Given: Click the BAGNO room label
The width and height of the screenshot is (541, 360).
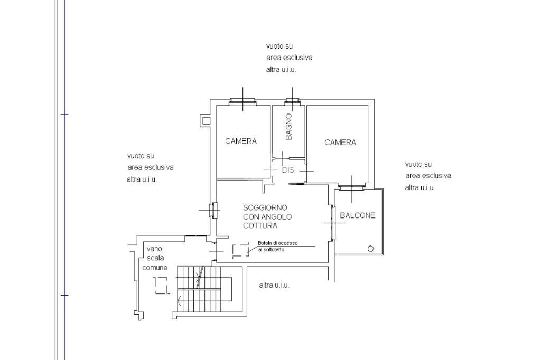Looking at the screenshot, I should pos(288,127).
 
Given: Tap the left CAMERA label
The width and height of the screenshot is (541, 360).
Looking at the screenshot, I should pos(240,141).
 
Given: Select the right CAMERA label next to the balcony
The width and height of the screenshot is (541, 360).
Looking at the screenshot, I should pos(340,143).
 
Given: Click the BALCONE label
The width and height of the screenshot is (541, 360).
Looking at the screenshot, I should pos(357,215).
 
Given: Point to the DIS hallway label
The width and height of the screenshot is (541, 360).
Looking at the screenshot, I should pos(287,170).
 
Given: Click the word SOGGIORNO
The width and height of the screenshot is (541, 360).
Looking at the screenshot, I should pos(265,207).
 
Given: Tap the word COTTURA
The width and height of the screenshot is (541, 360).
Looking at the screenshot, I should pos(260,225).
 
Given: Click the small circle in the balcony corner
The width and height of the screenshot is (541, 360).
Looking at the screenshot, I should pos(370,249).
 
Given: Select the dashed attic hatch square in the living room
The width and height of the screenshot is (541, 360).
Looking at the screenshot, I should pos(240,250).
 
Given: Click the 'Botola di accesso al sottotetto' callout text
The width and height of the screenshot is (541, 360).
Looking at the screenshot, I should pos(277,246).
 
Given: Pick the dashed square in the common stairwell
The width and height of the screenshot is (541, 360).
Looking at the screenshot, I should pos(162,286).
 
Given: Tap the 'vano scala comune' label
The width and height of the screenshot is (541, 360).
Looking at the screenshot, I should pos(155,258).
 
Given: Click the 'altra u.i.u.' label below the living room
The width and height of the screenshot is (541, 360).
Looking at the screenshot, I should pos(274,285).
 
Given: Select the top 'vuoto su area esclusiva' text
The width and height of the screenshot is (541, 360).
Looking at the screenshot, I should pos(289,58).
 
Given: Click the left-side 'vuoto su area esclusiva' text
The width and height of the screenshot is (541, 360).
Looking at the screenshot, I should pos(150,167).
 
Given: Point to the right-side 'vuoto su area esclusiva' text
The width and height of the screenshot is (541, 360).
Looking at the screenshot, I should pos(428,176).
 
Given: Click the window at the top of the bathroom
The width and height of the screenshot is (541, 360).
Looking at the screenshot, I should pos(293,102).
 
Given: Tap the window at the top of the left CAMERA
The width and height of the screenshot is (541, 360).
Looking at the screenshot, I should pos(243,102).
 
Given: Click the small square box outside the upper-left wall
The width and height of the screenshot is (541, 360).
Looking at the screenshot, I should pos(206,120).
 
